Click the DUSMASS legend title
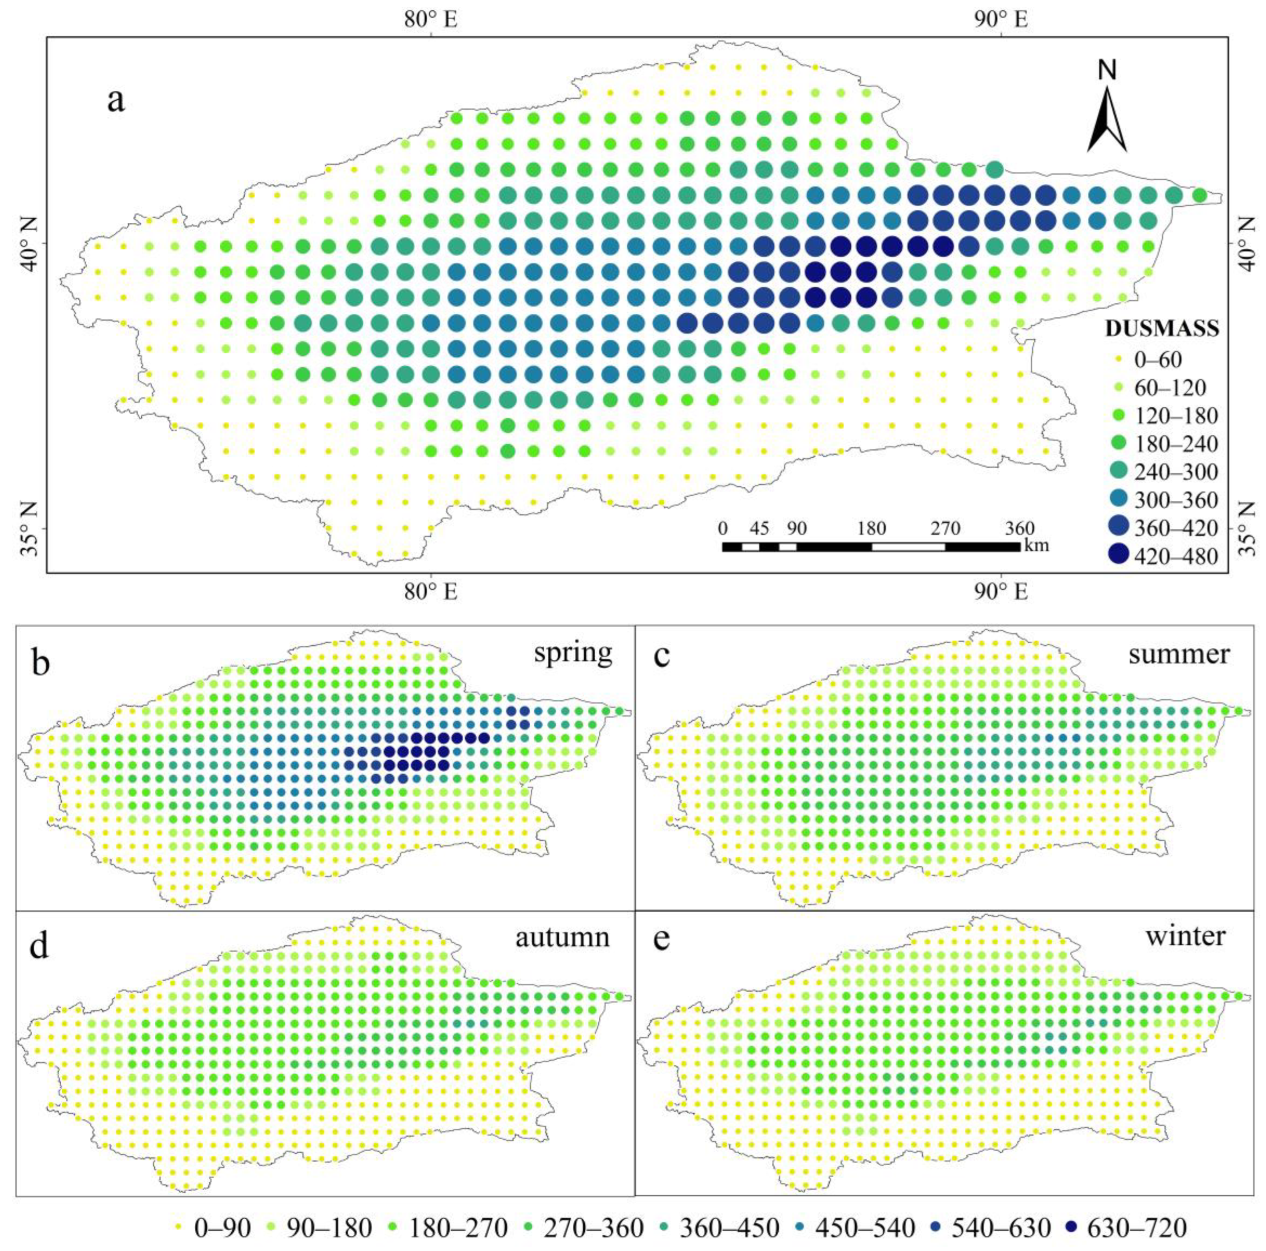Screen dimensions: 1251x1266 (x=1161, y=329)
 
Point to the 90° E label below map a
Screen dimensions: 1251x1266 (x=1001, y=591)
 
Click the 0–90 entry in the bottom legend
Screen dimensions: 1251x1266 (x=213, y=1228)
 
